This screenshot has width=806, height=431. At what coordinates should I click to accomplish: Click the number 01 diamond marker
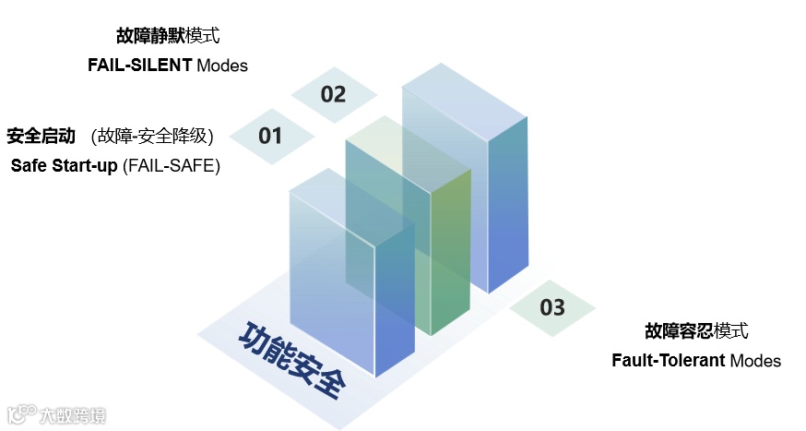pyautogui.click(x=270, y=137)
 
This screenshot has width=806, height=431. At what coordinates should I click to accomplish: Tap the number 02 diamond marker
pyautogui.click(x=333, y=94)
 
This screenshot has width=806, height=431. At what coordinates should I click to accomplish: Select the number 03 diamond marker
pyautogui.click(x=552, y=307)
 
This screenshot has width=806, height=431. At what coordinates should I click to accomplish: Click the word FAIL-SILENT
pyautogui.click(x=139, y=66)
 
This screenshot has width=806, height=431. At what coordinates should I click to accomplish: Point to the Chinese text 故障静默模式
pyautogui.click(x=168, y=37)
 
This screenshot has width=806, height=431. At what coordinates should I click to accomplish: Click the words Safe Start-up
pyautogui.click(x=65, y=166)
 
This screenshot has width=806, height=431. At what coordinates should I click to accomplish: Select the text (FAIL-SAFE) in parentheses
pyautogui.click(x=172, y=166)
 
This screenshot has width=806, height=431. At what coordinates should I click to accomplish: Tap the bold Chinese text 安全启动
pyautogui.click(x=41, y=137)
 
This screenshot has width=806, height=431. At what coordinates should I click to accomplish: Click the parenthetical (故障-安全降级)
pyautogui.click(x=152, y=137)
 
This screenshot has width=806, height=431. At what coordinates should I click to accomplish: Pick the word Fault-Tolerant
pyautogui.click(x=668, y=360)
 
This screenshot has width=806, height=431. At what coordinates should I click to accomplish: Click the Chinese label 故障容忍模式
pyautogui.click(x=696, y=331)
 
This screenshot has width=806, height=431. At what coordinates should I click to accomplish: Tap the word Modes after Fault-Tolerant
pyautogui.click(x=755, y=360)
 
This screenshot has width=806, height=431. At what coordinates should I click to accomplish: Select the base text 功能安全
pyautogui.click(x=290, y=359)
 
